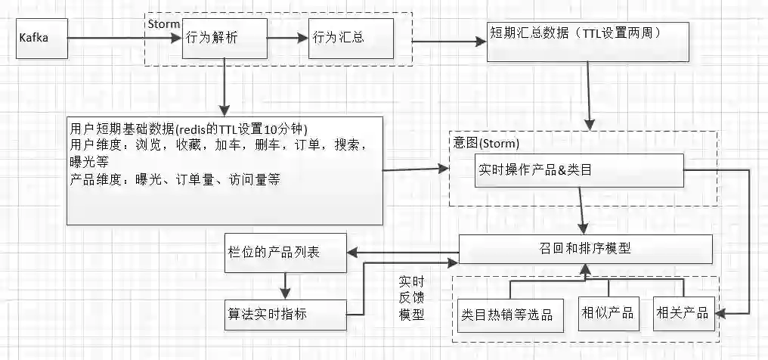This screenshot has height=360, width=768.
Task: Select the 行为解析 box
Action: point(225,39)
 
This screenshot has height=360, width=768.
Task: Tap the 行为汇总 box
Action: point(351,39)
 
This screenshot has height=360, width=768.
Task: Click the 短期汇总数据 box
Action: point(587,42)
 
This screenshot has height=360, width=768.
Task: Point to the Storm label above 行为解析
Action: point(163,23)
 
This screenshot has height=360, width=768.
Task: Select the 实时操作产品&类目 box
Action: point(580,172)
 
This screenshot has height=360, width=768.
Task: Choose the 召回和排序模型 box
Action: point(586,249)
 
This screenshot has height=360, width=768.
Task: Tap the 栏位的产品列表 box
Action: point(285,251)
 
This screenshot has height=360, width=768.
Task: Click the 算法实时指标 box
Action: point(285,312)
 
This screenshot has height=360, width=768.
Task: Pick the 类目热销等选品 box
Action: point(507,314)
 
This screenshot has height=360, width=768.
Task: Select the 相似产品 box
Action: point(607,312)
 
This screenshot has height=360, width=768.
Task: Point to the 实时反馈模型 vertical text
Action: point(411,299)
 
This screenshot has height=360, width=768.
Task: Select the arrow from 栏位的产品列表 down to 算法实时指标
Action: point(286,284)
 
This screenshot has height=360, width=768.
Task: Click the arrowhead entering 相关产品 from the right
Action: point(723,312)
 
